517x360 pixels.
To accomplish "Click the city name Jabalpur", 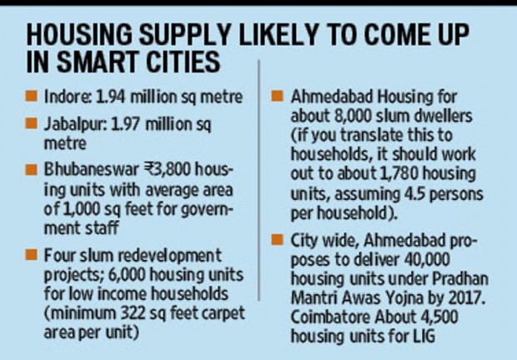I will click(x=70, y=125).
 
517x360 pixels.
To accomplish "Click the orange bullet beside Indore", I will click(x=33, y=98).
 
